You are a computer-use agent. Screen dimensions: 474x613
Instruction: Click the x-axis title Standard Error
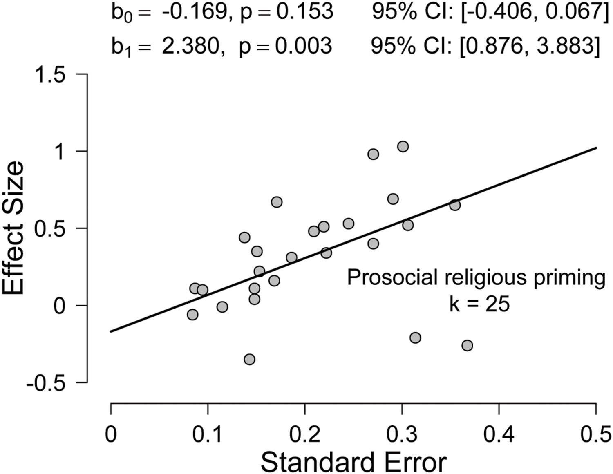click(353, 462)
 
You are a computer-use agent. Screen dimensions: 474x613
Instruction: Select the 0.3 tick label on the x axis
click(402, 434)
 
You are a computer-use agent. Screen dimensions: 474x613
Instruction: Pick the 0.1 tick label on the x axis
click(208, 434)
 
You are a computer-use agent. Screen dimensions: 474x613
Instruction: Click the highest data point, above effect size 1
click(403, 146)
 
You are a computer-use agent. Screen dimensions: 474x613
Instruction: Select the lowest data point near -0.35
click(249, 360)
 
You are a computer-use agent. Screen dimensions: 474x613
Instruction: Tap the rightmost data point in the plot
click(467, 345)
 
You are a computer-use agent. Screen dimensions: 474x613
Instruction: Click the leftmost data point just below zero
click(192, 315)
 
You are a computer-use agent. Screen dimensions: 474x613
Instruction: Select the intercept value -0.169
click(194, 12)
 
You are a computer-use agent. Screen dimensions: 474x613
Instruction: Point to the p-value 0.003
click(303, 45)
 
